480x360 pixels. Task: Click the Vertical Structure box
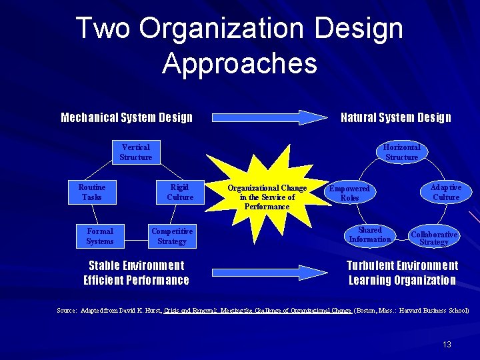[136, 152]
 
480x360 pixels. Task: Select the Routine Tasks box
[91, 192]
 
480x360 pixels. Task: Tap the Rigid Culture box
[180, 192]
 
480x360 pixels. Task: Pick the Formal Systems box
[100, 236]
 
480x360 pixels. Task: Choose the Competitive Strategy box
[172, 236]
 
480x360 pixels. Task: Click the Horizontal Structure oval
[401, 152]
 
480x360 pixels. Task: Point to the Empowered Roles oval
[349, 193]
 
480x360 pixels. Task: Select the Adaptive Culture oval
[446, 192]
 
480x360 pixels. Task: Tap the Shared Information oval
[370, 235]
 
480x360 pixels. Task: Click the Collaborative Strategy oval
[434, 237]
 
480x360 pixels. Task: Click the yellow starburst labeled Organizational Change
[267, 197]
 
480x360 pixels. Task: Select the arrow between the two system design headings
[266, 117]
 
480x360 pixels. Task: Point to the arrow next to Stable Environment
[266, 272]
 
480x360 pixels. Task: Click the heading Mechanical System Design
[127, 118]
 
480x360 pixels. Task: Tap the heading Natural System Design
[396, 118]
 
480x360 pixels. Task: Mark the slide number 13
[447, 344]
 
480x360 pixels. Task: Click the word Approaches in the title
[239, 63]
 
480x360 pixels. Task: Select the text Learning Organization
[402, 280]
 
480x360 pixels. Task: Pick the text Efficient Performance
[136, 280]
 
